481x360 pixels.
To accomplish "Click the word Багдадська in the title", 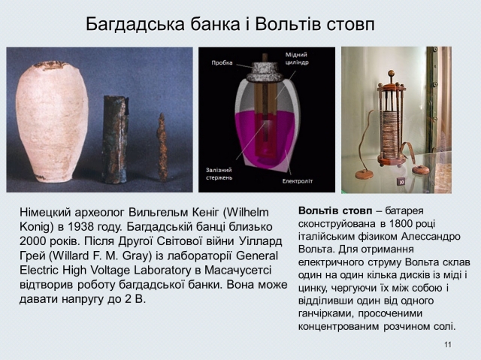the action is (x=135, y=25).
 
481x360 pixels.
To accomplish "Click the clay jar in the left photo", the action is (x=52, y=122).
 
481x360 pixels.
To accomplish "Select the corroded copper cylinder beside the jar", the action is (x=115, y=139).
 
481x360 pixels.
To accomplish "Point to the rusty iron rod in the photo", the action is (x=162, y=147).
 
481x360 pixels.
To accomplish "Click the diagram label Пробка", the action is (x=222, y=63).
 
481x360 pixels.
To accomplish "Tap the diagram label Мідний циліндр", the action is (x=297, y=59).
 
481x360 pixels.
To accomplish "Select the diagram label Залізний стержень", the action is (x=219, y=174).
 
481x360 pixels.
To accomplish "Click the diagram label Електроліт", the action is (x=298, y=181).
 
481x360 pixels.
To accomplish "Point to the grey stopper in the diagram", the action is (x=265, y=71).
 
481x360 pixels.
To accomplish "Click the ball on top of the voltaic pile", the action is (x=391, y=73).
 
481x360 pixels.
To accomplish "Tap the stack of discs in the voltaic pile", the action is (x=391, y=135).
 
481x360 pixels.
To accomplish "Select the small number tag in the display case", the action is (x=401, y=182).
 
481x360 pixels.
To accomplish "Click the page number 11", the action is (x=448, y=345).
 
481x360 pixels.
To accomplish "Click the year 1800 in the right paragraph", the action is (x=394, y=223).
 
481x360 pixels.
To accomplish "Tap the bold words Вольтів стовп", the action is (x=335, y=211).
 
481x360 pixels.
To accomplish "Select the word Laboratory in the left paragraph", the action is (x=162, y=271).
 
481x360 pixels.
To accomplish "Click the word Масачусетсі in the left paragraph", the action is (x=237, y=271).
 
